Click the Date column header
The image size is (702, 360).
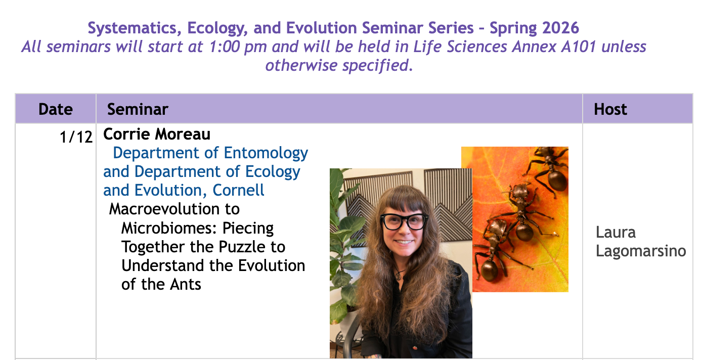(56, 109)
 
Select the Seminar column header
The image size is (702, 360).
(138, 109)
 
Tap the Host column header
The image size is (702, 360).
(610, 109)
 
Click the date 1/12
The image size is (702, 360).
(76, 137)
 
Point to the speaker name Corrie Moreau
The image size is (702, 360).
(157, 134)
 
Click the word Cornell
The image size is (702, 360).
(238, 190)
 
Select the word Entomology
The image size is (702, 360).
(266, 154)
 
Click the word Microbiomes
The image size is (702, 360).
(169, 228)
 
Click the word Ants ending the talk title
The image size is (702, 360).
(185, 284)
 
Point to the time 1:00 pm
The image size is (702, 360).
(238, 47)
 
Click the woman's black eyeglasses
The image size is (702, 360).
(404, 221)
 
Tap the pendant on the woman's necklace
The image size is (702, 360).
(398, 276)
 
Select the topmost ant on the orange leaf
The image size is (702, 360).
(548, 168)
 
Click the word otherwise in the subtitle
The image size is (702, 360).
(301, 66)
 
